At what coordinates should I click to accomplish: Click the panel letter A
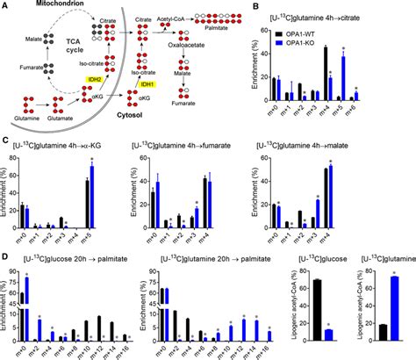[x=6, y=5]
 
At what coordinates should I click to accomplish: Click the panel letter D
[x=6, y=258]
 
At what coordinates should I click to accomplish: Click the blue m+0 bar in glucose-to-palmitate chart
[x=28, y=308]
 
